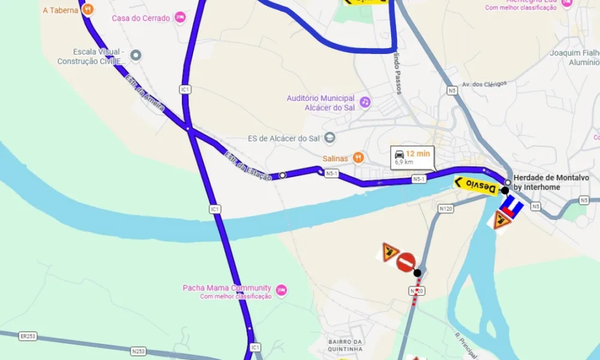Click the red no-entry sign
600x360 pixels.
point(406,262)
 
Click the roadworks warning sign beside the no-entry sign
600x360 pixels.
point(391,251)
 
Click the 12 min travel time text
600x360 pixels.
point(418,154)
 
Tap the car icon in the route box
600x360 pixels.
point(399,154)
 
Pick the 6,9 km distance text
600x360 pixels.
point(404,162)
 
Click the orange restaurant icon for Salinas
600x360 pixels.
point(358,158)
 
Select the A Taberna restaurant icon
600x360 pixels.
point(88,9)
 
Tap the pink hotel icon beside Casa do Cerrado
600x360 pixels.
point(180,18)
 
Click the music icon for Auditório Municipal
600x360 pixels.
point(365,103)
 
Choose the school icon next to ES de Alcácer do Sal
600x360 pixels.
point(329,139)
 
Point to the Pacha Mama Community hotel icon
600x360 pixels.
point(281,290)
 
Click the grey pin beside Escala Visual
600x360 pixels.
point(136,56)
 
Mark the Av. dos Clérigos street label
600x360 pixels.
point(484,84)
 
